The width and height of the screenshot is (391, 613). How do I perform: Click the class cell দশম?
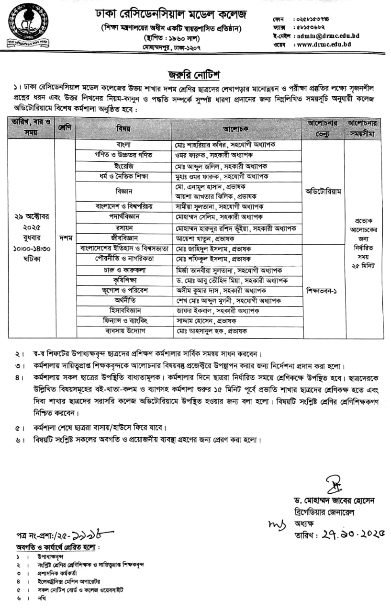[x=65, y=237]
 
